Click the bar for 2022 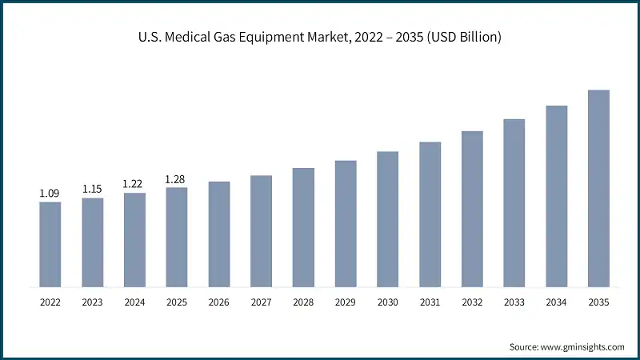point(50,244)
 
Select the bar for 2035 point(598,188)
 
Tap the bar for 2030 point(388,218)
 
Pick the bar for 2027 point(261,230)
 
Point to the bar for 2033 point(514,202)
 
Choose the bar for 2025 point(177,237)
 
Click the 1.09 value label point(50,194)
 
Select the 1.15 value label point(93,190)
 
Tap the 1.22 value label point(134,184)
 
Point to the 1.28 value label point(177,179)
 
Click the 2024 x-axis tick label point(134,302)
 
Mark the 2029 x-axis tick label point(346,302)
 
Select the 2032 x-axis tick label point(472,302)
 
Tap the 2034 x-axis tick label point(557,302)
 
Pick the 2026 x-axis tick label point(219,302)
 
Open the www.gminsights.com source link point(581,346)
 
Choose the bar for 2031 point(430,214)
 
